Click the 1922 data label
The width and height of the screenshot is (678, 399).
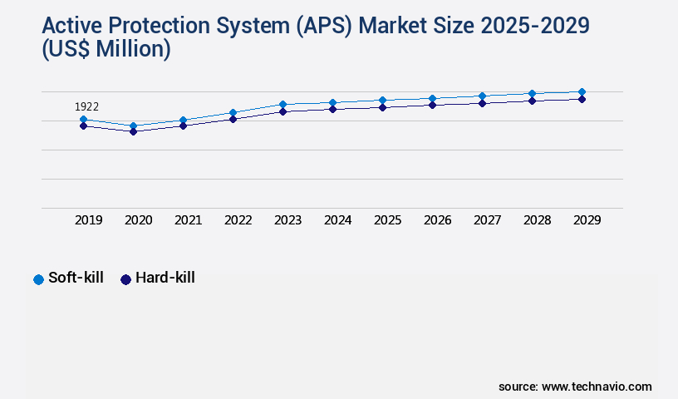click(87, 106)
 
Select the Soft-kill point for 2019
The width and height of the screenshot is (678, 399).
click(83, 120)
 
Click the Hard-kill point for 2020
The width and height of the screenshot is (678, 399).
click(133, 131)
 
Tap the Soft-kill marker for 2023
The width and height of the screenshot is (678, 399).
click(282, 105)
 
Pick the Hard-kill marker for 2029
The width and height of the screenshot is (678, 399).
click(582, 99)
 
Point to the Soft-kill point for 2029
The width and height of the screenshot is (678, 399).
click(582, 91)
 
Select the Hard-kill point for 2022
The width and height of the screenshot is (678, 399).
click(233, 119)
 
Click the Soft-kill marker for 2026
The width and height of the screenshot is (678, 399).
click(432, 98)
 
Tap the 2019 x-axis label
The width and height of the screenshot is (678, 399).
click(89, 220)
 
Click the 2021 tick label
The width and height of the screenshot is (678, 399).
click(189, 220)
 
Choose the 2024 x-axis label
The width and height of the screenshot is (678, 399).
click(338, 220)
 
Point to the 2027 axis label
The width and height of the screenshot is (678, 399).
click(488, 220)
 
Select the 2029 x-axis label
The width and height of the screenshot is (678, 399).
click(587, 220)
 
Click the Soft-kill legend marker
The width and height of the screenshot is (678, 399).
click(38, 279)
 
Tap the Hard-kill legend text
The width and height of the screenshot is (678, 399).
click(165, 278)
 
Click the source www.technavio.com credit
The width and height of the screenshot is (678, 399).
click(575, 387)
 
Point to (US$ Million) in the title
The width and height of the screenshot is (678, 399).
click(106, 50)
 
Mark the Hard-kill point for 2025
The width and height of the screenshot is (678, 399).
click(382, 107)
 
